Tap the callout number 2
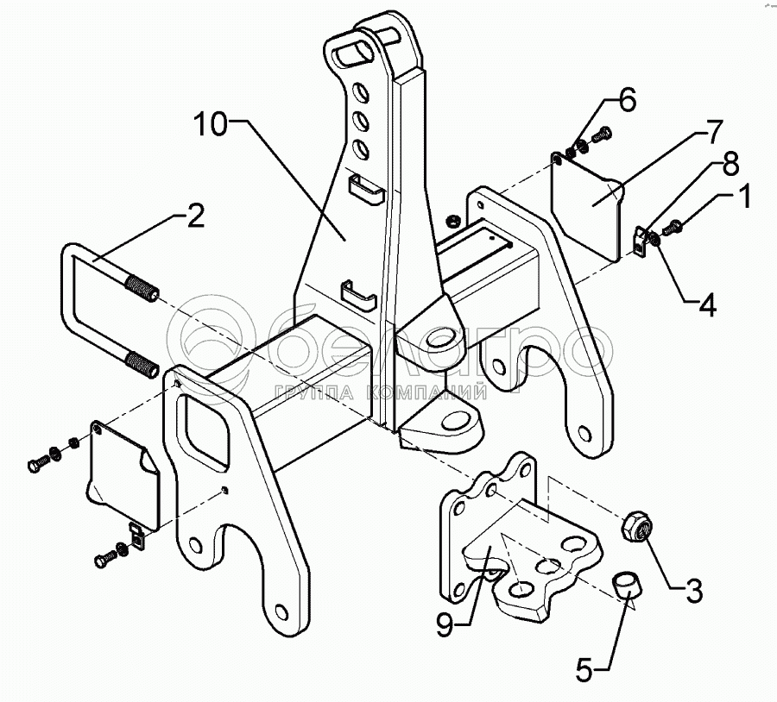tap(196, 217)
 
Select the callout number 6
tap(627, 100)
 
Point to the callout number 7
tap(712, 134)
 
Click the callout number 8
tap(729, 161)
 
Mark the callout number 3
tap(693, 592)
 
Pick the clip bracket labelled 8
tap(639, 241)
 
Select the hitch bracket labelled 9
tap(509, 552)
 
